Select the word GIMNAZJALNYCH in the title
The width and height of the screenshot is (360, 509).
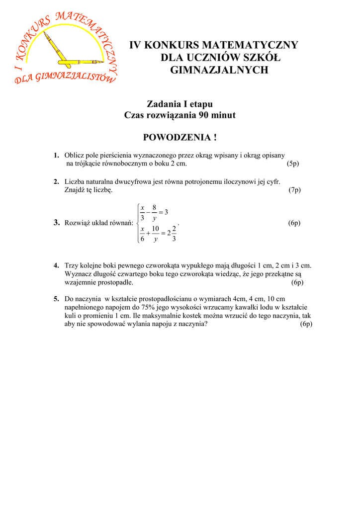pos(219,70)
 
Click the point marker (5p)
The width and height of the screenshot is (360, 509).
pos(293,164)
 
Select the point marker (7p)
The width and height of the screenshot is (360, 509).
pos(294,190)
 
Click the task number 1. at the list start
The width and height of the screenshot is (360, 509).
pos(57,156)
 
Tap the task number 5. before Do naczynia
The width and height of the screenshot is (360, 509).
pos(57,299)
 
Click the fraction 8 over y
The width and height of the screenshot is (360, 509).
pos(154,212)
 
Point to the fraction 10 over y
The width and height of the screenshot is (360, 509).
pos(155,234)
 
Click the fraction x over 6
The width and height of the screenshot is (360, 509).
pos(142,234)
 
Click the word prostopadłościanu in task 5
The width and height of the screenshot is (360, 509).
pos(162,299)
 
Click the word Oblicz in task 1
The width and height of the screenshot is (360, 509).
pos(74,156)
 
